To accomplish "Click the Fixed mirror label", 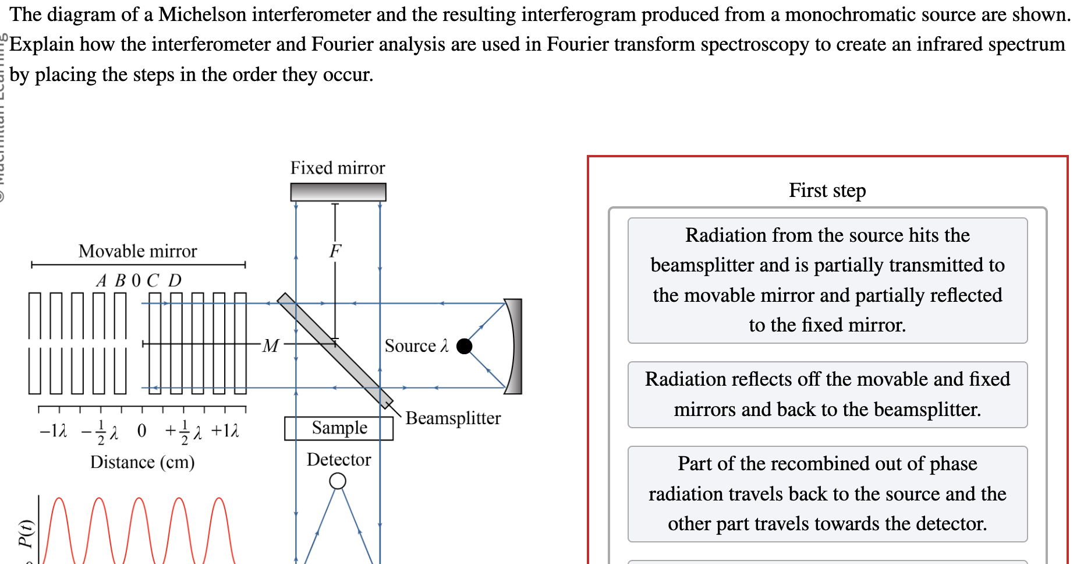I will coord(338,168).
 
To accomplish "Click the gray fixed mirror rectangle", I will coord(338,192).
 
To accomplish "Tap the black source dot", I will coord(464,346).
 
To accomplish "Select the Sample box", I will coord(339,428).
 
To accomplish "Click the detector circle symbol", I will coord(338,481).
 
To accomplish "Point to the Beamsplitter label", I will coord(453,418).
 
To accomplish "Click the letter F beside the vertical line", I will coord(335,251).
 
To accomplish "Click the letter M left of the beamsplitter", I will coord(270,346).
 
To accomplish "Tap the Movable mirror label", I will coord(138,251).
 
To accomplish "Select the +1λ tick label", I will coord(225,431).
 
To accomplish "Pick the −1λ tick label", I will coord(53,431).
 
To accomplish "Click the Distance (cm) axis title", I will coord(142,462).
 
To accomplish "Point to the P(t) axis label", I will coord(26,533).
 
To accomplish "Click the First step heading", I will coord(827,191).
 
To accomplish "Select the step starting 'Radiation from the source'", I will coord(827,280).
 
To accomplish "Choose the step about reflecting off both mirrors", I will coord(827,394).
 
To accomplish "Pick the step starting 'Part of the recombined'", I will coord(827,493).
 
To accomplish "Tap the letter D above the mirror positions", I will coord(175,281).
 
